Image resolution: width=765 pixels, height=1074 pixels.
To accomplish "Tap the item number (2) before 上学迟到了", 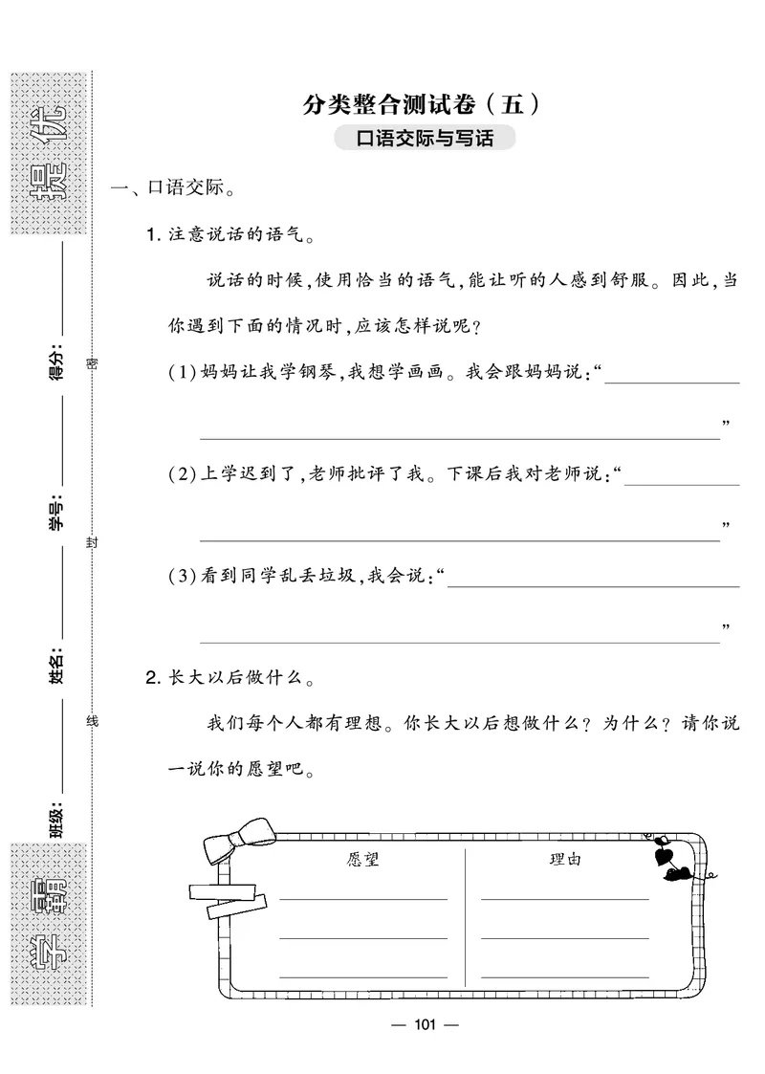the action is coord(180,474).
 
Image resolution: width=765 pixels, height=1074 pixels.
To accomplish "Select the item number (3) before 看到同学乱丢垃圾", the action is coord(180,576).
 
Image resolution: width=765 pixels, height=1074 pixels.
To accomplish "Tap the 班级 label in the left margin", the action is coord(55,820).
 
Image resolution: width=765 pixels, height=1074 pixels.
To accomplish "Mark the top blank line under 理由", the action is coord(565,899).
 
